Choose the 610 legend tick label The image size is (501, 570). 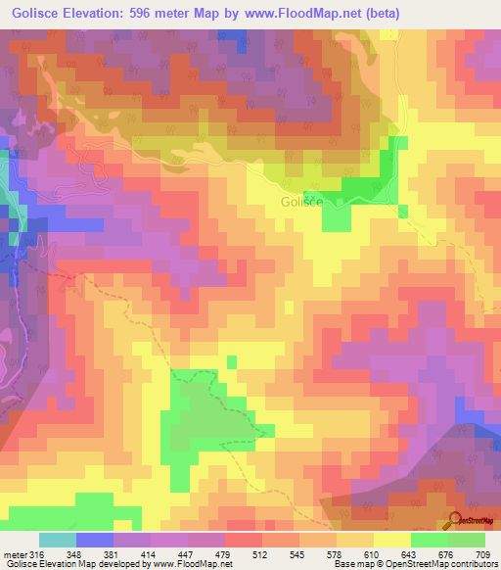370,555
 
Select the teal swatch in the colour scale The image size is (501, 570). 58,541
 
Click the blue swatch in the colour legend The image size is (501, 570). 95,541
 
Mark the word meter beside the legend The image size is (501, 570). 14,555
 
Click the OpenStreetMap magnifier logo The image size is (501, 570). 456,520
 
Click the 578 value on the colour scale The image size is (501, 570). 334,555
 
